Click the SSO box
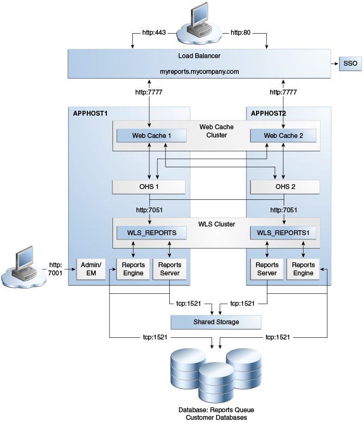tap(350, 64)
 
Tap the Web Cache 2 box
tap(283, 135)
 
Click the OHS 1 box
tap(149, 187)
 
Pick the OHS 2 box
tap(283, 187)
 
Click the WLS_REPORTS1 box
tap(283, 232)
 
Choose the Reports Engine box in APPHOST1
tap(133, 268)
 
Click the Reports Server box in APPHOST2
tap(267, 268)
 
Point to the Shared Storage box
tap(216, 322)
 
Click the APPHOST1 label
tap(91, 113)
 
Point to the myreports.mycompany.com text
tap(199, 71)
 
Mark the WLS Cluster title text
tap(216, 224)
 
